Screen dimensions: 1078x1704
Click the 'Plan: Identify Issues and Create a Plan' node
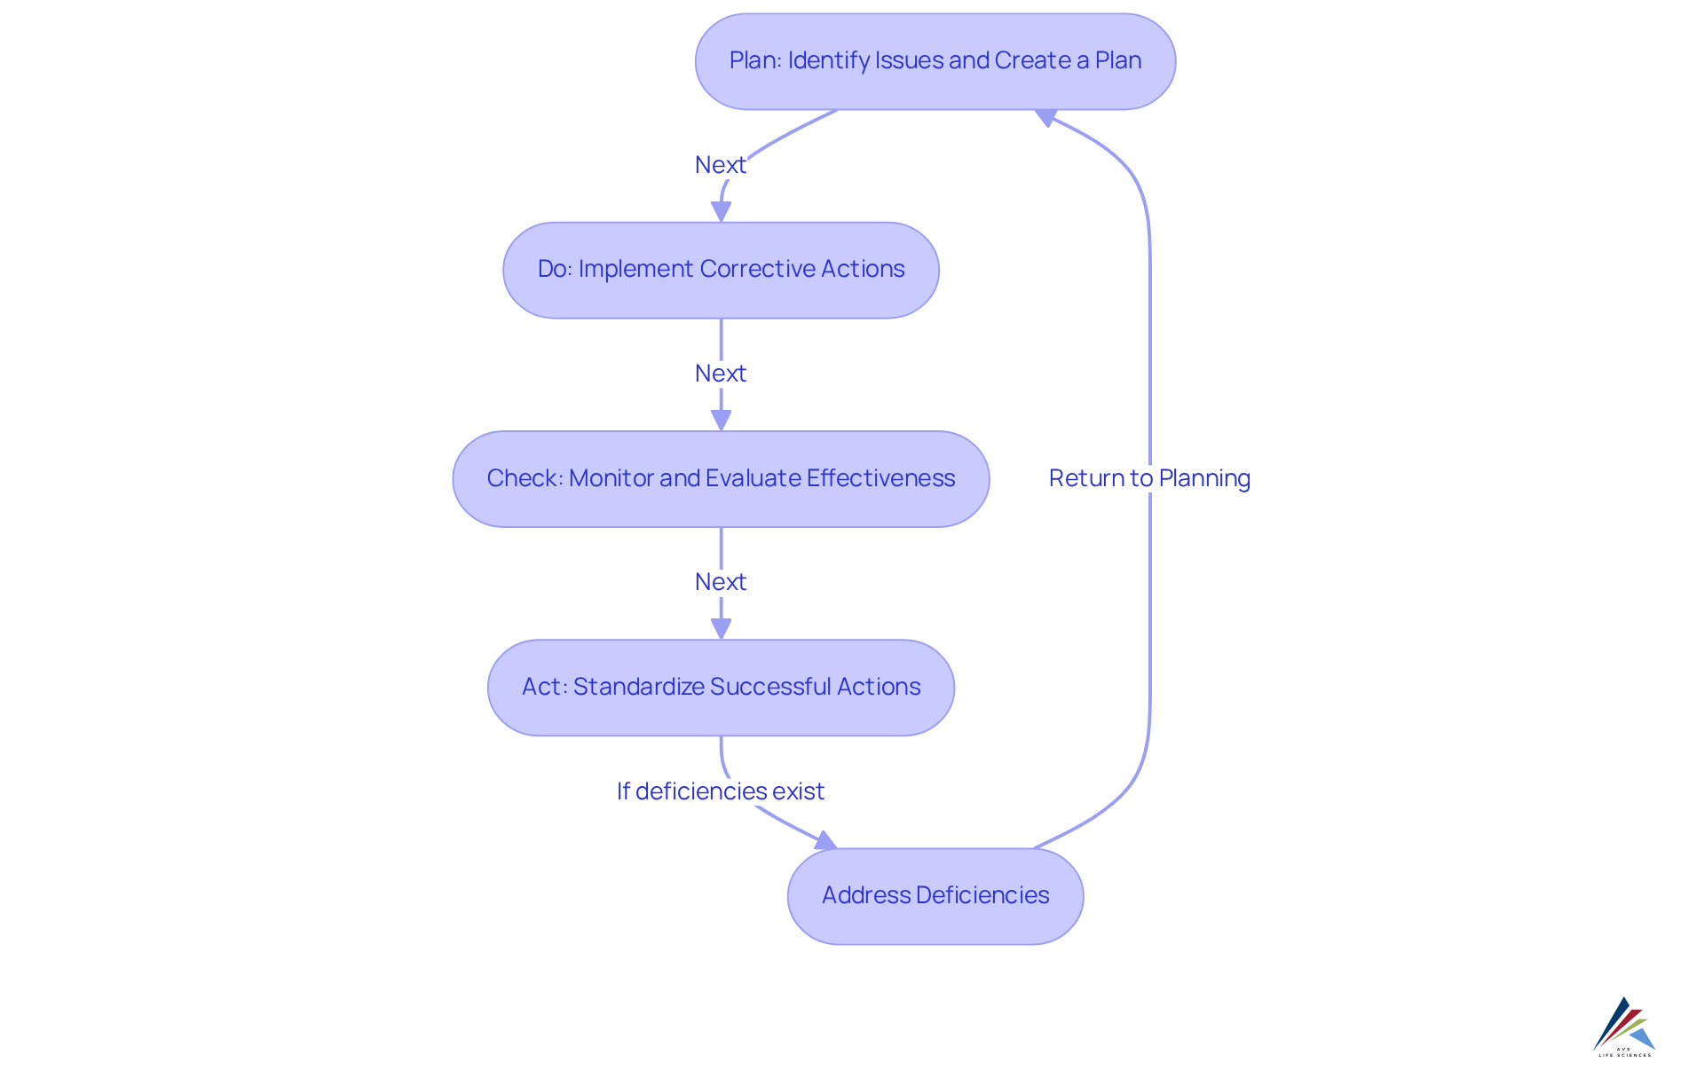point(935,61)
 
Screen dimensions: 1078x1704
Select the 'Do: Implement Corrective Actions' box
point(721,270)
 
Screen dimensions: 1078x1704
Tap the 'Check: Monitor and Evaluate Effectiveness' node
point(721,479)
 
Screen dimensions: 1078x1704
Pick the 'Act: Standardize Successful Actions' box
point(721,688)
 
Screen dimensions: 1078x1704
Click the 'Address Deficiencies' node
point(935,896)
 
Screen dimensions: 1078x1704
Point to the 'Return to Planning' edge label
point(1148,478)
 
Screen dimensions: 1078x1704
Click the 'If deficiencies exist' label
point(720,791)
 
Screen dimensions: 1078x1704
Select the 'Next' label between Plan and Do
point(720,165)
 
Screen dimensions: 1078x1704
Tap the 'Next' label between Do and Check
point(720,374)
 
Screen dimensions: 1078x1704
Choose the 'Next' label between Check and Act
point(720,582)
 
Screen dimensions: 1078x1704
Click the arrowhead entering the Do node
point(721,212)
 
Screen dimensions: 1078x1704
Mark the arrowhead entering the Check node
point(721,421)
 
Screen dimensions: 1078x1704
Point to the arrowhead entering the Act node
point(721,629)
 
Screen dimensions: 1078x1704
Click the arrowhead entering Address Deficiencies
point(826,840)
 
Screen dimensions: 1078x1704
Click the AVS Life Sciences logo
point(1624,1027)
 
